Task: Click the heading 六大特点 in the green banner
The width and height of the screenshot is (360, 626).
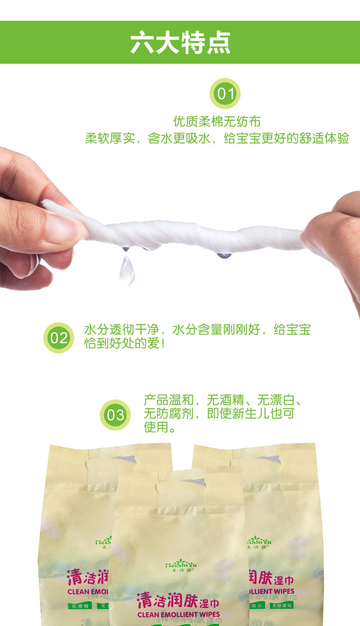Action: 180,43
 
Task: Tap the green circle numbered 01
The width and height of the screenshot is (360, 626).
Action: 225,94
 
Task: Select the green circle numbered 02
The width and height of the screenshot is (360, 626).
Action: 59,338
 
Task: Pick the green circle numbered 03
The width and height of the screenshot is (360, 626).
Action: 115,415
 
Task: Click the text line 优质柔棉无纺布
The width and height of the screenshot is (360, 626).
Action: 217,122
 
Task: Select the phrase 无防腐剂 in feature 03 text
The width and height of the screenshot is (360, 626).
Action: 169,413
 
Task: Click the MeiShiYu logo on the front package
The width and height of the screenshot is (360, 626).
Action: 181,566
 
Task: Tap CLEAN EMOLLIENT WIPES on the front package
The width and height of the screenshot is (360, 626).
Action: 179,615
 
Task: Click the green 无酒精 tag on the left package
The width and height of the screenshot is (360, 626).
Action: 80,606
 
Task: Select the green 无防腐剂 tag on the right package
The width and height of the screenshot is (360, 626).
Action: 282,605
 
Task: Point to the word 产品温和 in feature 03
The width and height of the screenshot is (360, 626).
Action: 169,400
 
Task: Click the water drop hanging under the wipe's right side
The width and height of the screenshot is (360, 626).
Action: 224,256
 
